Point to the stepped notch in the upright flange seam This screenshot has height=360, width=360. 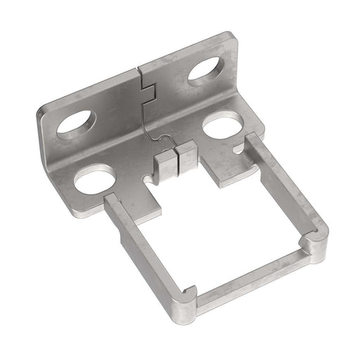(x=148, y=91)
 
